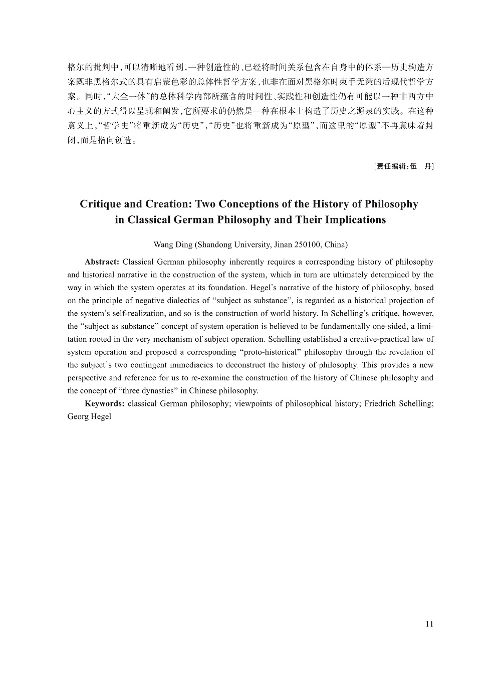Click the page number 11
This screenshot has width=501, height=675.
429,624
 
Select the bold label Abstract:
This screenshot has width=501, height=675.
102,262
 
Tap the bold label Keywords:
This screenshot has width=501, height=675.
105,403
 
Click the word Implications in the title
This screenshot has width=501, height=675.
355,219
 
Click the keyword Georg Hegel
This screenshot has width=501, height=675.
89,416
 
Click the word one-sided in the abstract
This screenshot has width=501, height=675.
388,326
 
